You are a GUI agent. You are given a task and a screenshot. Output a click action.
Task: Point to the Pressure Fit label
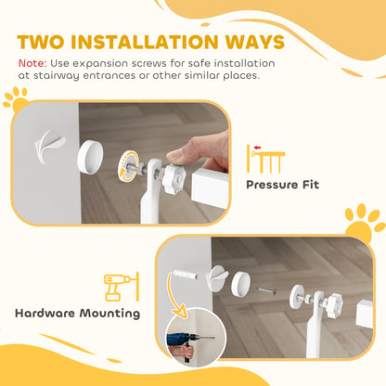(x=282, y=184)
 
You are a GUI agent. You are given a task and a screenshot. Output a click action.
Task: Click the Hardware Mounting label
(x=78, y=312)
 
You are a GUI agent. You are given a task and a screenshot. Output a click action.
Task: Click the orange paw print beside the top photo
(x=17, y=97)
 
